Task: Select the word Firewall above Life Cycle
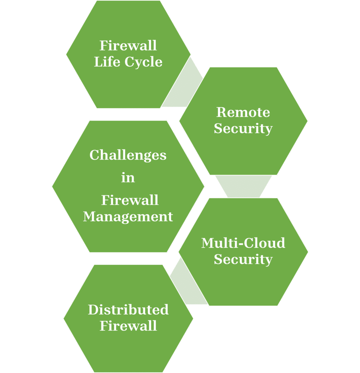[128, 46]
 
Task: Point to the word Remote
[243, 112]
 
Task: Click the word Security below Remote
[243, 128]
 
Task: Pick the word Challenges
[128, 155]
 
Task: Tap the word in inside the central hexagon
[128, 178]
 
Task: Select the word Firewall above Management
[130, 200]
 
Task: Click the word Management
[128, 216]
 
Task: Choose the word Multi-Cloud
[243, 243]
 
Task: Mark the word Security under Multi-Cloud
[243, 259]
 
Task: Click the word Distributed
[128, 310]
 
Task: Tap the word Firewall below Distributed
[128, 326]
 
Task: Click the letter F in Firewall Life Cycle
[103, 46]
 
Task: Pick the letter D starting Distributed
[93, 310]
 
